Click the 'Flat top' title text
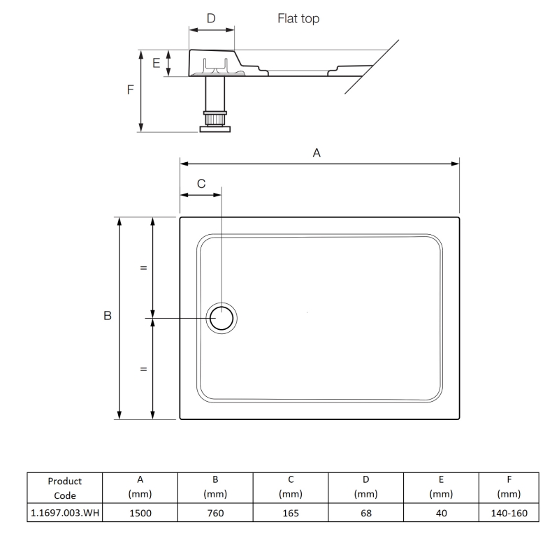coord(298,19)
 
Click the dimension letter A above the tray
coord(317,152)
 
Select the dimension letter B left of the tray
coord(108,317)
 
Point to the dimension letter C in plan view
coord(201,184)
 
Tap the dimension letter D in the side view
coord(211,18)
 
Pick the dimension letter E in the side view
coord(157,63)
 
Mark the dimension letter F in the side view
coord(131,90)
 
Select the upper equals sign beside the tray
coord(143,268)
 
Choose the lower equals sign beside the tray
coord(143,369)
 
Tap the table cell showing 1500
coord(140,512)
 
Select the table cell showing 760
coord(215,512)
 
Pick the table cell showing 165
coord(290,512)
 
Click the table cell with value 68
coord(366,512)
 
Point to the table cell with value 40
coord(442,512)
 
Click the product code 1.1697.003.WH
coord(65,512)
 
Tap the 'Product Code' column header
coord(65,487)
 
